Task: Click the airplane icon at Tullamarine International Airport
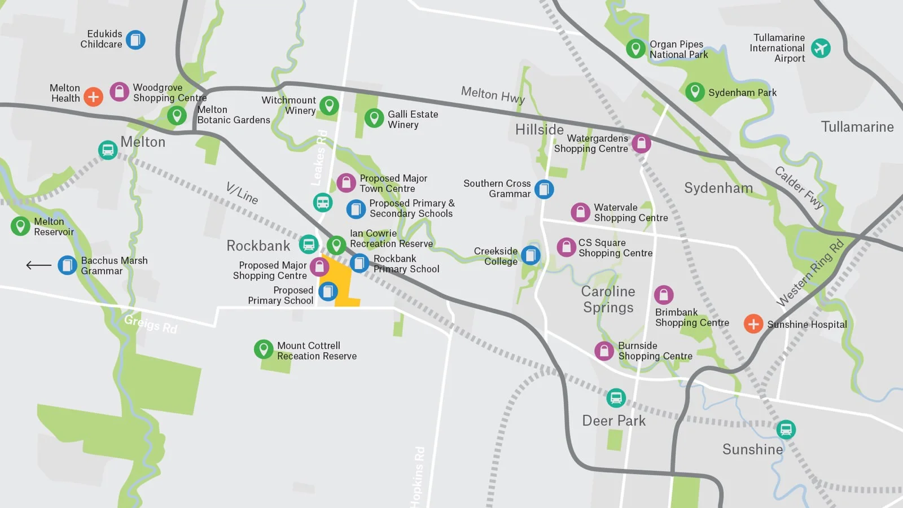(x=821, y=48)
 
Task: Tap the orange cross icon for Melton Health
(x=93, y=97)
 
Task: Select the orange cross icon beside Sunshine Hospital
(x=753, y=324)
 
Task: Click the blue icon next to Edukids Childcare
(x=135, y=40)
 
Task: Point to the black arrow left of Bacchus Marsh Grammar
(x=38, y=265)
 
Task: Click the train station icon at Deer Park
(x=616, y=398)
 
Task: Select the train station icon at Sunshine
(x=786, y=430)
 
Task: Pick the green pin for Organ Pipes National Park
(x=636, y=49)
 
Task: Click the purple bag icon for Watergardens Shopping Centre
(x=641, y=143)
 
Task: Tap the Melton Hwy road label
(x=493, y=95)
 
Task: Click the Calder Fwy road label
(x=799, y=188)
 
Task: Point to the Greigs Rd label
(x=151, y=324)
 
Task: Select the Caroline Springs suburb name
(x=608, y=299)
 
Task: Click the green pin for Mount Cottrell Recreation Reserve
(x=264, y=349)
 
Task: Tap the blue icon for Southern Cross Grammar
(x=544, y=189)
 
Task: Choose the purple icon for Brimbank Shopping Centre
(x=664, y=295)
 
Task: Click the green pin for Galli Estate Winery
(x=374, y=119)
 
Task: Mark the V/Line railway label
(x=242, y=193)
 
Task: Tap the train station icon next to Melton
(x=108, y=150)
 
